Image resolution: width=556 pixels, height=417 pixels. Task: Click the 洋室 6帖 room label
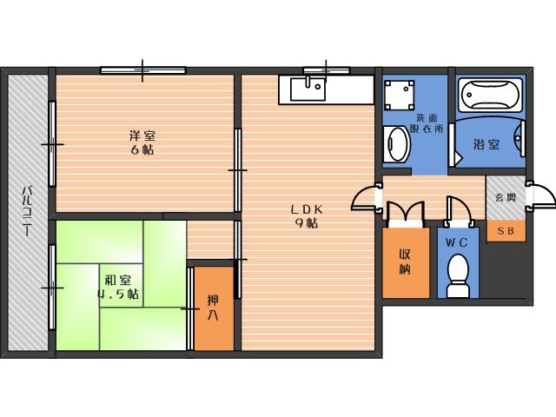click(x=142, y=142)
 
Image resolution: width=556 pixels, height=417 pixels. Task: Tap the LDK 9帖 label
click(x=307, y=216)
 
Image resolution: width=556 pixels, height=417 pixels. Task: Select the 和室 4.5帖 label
click(x=118, y=288)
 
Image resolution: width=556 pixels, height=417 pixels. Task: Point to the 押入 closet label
click(x=213, y=308)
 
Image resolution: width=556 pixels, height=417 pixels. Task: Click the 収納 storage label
click(x=405, y=261)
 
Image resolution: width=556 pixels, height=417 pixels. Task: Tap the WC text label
click(x=456, y=243)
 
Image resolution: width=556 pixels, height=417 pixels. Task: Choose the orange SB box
click(x=506, y=231)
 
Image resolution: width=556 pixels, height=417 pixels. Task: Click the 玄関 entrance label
click(x=506, y=197)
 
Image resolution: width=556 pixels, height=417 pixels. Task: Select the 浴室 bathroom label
click(x=486, y=144)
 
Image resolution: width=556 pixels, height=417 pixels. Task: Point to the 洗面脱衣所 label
click(x=427, y=123)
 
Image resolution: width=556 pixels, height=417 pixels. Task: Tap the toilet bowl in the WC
click(x=458, y=275)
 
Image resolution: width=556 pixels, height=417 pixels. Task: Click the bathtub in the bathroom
click(x=490, y=95)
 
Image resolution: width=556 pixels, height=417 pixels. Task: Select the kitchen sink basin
click(x=308, y=89)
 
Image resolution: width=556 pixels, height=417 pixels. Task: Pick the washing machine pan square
click(x=400, y=95)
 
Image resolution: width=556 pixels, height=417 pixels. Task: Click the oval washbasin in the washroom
click(x=398, y=144)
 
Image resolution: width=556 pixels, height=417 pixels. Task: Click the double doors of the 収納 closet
click(x=406, y=214)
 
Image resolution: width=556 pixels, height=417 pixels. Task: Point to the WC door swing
click(x=460, y=210)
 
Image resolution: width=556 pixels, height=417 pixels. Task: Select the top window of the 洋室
click(x=142, y=70)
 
